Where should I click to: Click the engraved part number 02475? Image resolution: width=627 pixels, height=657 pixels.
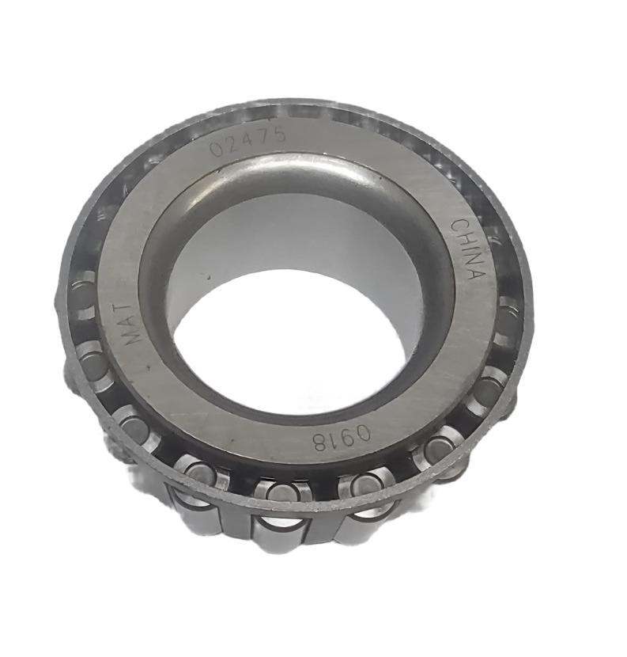(x=246, y=143)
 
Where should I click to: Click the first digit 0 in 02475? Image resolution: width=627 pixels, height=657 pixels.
(x=217, y=150)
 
